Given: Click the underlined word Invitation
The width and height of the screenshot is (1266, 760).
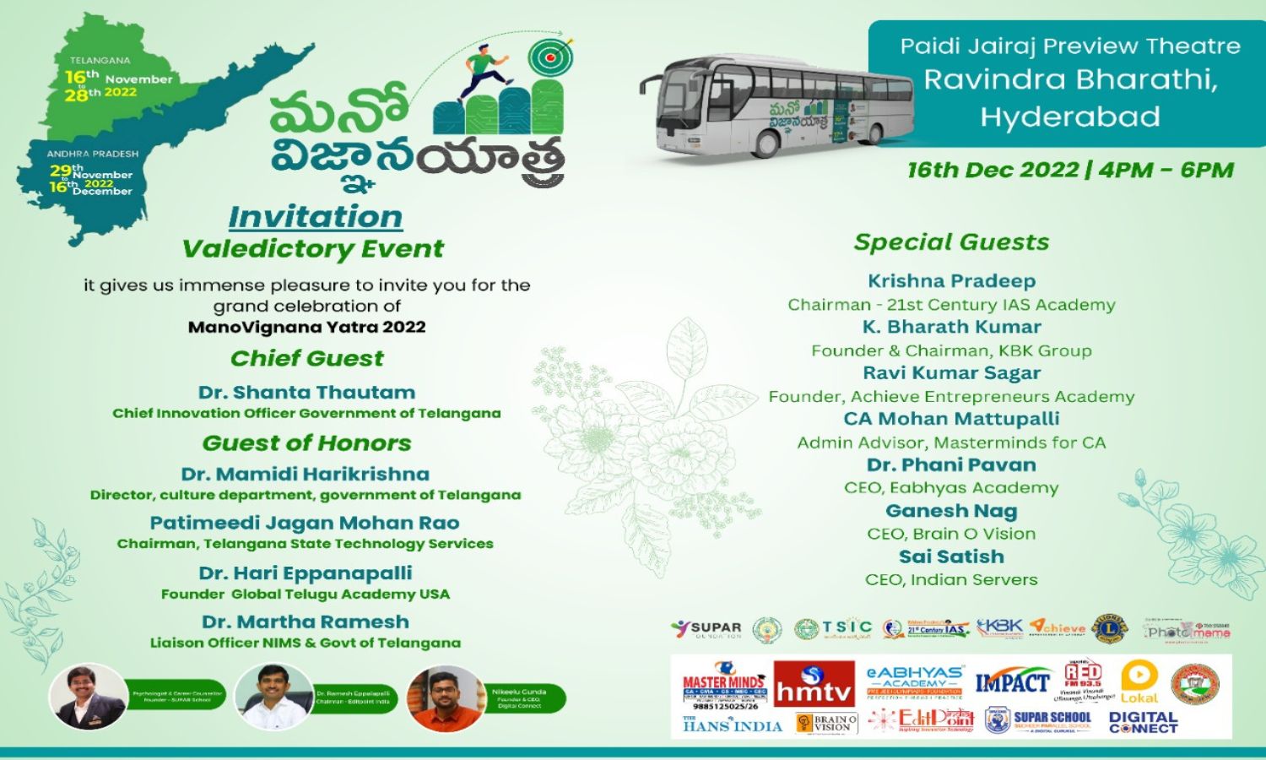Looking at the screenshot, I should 316,217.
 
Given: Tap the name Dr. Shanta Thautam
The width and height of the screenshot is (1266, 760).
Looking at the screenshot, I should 307,393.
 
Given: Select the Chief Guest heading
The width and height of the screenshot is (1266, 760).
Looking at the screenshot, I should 307,358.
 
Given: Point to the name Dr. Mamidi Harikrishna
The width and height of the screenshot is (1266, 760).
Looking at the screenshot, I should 305,475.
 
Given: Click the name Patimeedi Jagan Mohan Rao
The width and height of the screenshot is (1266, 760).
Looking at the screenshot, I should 305,524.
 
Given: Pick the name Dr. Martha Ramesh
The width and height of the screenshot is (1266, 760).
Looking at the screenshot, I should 306,622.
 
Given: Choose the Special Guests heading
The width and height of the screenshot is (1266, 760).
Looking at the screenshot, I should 951,242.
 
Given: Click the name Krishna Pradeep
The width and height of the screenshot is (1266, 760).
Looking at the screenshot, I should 951,281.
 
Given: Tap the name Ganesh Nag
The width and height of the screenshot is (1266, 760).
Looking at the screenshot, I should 951,511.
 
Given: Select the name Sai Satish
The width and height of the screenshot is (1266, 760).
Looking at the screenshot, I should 951,557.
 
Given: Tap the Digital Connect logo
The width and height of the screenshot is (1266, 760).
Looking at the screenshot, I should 1143,722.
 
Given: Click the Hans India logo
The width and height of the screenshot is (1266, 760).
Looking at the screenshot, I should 732,724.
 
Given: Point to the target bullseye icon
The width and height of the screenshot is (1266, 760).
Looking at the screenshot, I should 550,57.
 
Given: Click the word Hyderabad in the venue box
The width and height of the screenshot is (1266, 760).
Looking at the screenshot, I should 1069,117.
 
